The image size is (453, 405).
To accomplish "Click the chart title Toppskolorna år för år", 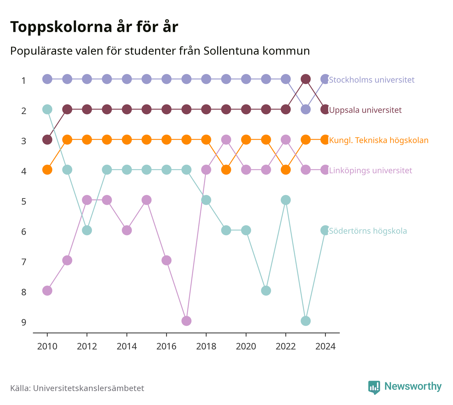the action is coord(94,27).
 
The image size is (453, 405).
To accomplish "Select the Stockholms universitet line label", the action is coord(372,79).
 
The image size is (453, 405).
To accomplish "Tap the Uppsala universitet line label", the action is coord(365,110).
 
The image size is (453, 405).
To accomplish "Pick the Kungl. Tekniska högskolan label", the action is coord(379,140).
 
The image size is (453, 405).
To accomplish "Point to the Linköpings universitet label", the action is coord(370,170).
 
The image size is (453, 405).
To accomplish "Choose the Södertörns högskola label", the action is coord(368,231).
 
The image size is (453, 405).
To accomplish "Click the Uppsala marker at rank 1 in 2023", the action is coord(305,79).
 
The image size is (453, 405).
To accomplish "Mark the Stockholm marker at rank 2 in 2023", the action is coord(305,109).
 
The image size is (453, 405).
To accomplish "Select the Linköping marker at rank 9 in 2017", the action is coord(186,321).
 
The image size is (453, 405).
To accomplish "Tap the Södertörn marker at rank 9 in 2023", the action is coord(305,321).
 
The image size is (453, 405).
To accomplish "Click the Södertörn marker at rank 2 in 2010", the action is coord(47,109).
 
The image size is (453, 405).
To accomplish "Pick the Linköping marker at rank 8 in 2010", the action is coord(47,291).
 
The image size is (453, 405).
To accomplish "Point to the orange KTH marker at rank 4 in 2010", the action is coord(47,170).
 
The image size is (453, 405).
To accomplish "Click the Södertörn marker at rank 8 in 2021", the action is coord(266,291).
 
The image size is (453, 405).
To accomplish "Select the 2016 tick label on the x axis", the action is coord(166,347).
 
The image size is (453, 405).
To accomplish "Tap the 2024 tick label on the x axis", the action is coord(325,347).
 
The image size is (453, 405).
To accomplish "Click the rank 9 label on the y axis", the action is coord(24,322).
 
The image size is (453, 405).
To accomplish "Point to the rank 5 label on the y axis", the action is coord(24,201).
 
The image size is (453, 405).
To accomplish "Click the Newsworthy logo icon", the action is coord(374,387).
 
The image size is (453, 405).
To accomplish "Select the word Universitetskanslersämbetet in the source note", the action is coord(89,388).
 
